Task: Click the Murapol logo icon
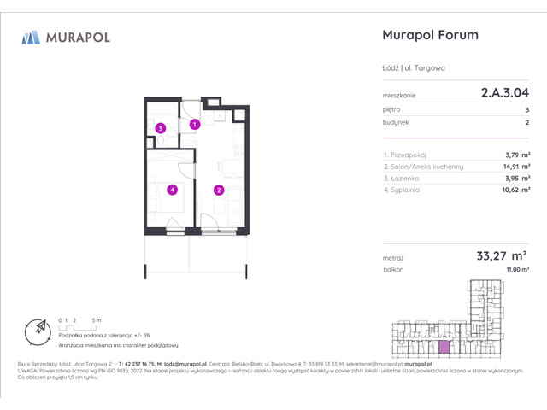tap(31, 37)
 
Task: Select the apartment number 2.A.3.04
tap(503, 96)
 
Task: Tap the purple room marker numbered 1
tap(195, 125)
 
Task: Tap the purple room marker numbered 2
tap(219, 190)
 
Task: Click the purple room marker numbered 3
tap(160, 129)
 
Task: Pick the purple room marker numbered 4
tap(172, 190)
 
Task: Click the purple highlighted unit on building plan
tap(443, 346)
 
